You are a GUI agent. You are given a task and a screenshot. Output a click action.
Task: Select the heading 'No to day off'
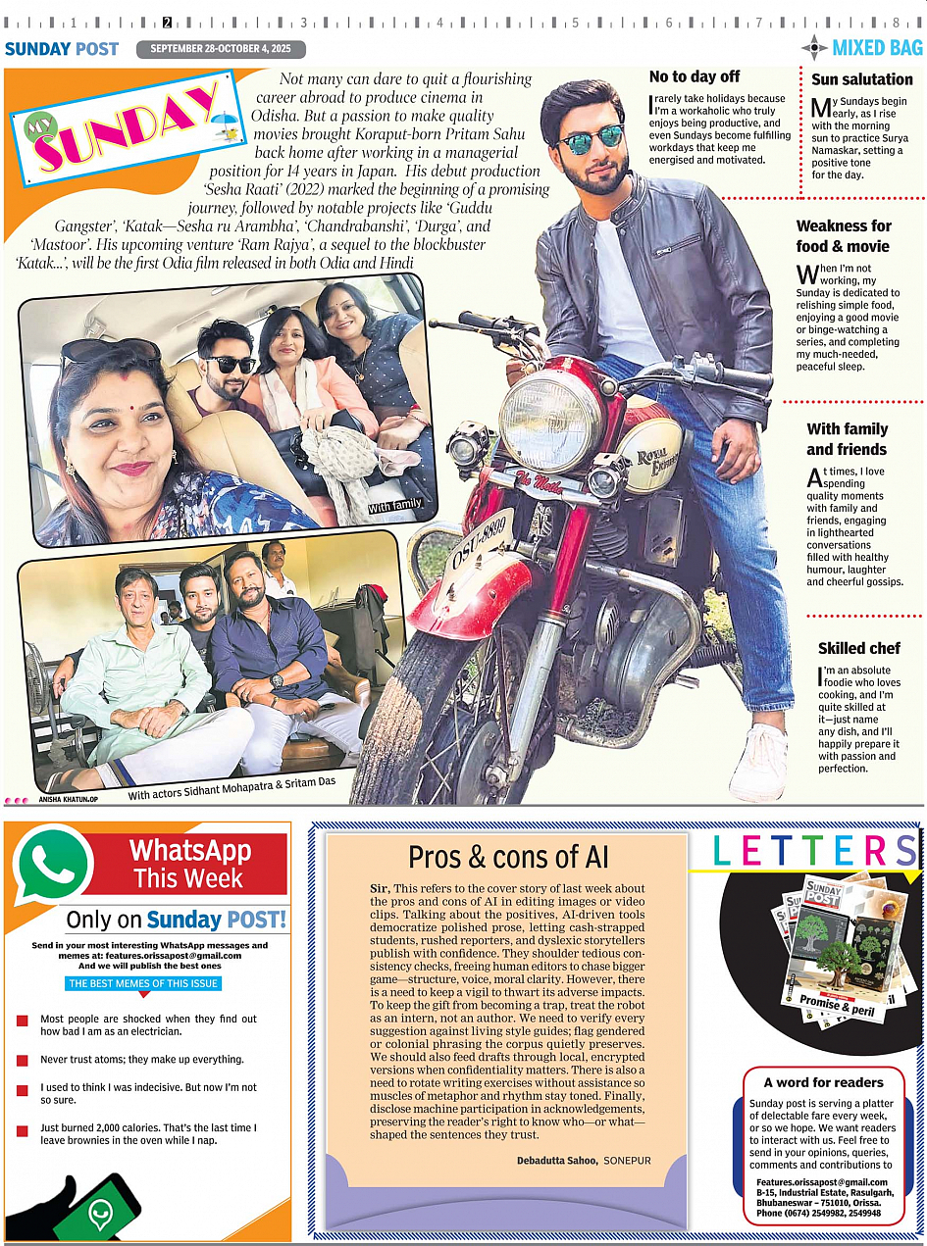pyautogui.click(x=695, y=76)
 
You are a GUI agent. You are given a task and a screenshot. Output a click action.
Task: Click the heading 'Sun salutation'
pyautogui.click(x=862, y=79)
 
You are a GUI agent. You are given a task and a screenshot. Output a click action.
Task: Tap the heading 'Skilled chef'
pyautogui.click(x=858, y=648)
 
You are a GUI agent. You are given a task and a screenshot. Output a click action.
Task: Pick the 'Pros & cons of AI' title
pyautogui.click(x=508, y=857)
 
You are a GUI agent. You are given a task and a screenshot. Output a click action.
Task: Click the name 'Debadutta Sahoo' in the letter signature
pyautogui.click(x=557, y=1161)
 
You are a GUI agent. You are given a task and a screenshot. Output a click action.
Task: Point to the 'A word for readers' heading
pyautogui.click(x=824, y=1082)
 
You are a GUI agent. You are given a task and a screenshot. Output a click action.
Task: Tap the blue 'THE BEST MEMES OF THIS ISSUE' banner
pyautogui.click(x=144, y=983)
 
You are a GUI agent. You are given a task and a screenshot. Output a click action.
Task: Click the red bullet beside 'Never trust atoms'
pyautogui.click(x=22, y=1061)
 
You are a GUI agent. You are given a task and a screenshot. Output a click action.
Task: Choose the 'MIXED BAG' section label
pyautogui.click(x=876, y=47)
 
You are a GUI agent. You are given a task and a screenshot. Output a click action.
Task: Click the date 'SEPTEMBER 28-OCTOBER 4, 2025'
pyautogui.click(x=221, y=49)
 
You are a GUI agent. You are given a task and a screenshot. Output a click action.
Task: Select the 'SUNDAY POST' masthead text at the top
pyautogui.click(x=61, y=49)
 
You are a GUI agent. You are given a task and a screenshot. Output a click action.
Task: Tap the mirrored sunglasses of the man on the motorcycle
pyautogui.click(x=591, y=138)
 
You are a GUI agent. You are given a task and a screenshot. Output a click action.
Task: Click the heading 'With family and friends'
pyautogui.click(x=847, y=439)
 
